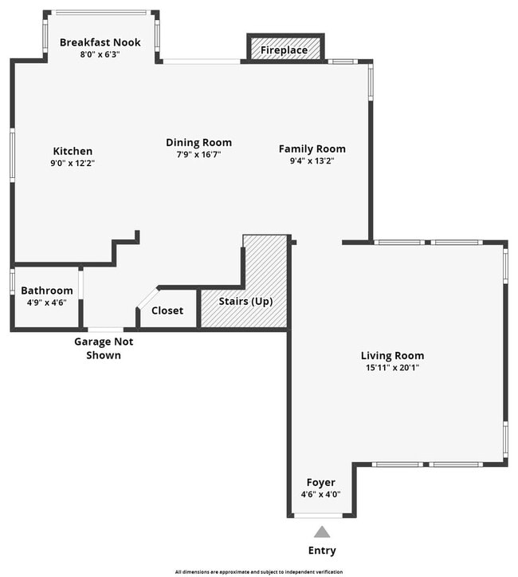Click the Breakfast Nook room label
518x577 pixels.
[x=100, y=42]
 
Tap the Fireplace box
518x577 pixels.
[x=285, y=50]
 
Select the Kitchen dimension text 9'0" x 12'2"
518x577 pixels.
[x=73, y=163]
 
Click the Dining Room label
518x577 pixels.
[x=198, y=143]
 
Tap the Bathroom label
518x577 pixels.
[x=46, y=290]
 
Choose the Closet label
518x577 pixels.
[x=167, y=310]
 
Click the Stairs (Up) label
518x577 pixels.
[x=245, y=302]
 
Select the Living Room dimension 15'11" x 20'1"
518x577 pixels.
[x=392, y=368]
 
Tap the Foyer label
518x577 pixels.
[x=321, y=482]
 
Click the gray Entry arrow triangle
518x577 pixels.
[x=321, y=532]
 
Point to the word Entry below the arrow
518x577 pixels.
[x=322, y=550]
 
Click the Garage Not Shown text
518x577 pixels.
[x=104, y=348]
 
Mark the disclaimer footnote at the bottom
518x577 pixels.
[x=259, y=571]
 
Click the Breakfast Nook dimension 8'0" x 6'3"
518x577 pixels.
[x=100, y=54]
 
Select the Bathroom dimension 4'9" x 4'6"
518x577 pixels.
[x=46, y=302]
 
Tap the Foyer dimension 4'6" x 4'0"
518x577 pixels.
[x=321, y=494]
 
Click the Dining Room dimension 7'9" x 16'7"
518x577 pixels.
[x=198, y=155]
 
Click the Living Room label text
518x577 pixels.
[x=392, y=356]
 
